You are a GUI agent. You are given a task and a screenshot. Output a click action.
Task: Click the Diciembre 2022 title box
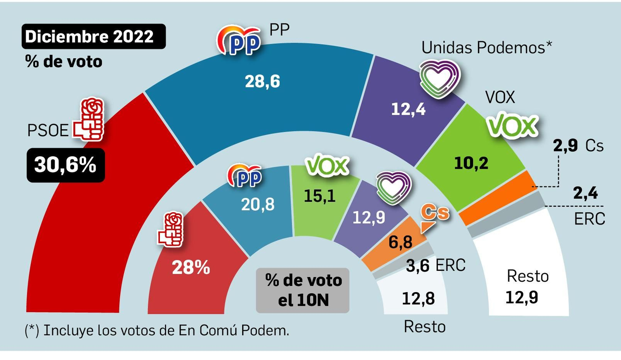click(94, 36)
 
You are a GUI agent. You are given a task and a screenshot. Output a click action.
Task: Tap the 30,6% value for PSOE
click(66, 165)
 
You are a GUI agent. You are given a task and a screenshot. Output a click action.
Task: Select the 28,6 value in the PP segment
click(262, 81)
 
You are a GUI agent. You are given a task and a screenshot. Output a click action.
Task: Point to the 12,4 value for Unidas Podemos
click(408, 109)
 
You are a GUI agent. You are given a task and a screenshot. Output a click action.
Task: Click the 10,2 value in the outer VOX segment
click(471, 163)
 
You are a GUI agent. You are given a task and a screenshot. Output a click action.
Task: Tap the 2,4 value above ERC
click(585, 193)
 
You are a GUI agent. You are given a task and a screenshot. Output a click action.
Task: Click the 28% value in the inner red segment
click(191, 267)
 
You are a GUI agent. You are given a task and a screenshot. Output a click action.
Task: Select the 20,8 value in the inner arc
click(258, 204)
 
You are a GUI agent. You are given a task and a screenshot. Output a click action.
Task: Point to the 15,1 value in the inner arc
click(319, 196)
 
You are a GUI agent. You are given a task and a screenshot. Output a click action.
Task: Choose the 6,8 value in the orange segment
click(401, 242)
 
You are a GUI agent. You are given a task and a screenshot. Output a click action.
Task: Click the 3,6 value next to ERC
click(418, 266)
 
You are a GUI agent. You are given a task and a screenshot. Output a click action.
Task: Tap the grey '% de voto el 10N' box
click(303, 290)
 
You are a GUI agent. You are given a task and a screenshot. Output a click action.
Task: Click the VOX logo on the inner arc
click(327, 166)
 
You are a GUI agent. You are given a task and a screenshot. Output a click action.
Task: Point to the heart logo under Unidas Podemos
click(439, 78)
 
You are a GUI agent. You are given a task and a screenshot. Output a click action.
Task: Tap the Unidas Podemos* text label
click(487, 48)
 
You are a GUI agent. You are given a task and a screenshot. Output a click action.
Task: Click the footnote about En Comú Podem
click(157, 331)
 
